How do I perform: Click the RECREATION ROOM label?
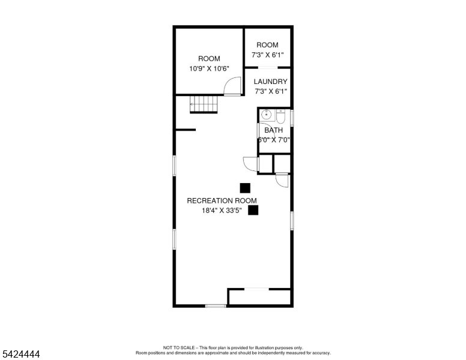tap(222, 200)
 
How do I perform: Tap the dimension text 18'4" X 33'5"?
tap(222, 211)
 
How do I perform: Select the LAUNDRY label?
tap(270, 82)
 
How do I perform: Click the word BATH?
tap(273, 130)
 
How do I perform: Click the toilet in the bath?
tap(280, 115)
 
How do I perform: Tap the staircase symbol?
tap(204, 104)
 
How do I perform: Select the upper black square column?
tap(245, 188)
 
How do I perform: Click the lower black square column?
tap(253, 210)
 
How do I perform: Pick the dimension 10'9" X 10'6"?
tap(209, 68)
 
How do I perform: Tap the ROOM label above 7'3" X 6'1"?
tap(267, 45)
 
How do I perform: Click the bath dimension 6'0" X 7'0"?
tap(273, 140)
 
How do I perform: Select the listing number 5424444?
tap(20, 355)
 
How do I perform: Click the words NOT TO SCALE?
tap(180, 347)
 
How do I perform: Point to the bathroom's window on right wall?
tap(292, 118)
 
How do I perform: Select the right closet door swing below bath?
tap(282, 180)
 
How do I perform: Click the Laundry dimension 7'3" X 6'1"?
tap(270, 91)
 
